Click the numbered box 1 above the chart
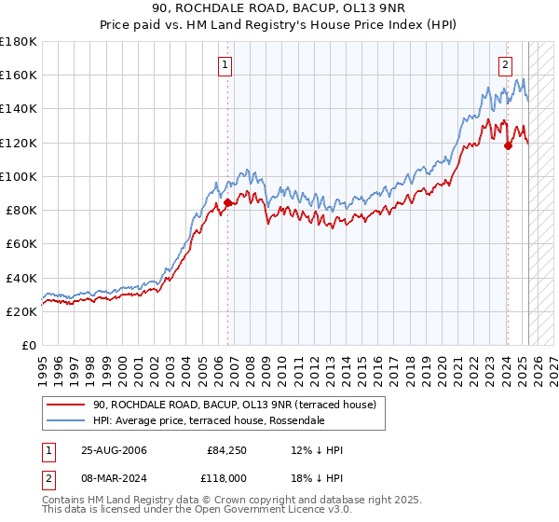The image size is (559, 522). (x=226, y=65)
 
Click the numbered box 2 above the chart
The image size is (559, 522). (x=505, y=65)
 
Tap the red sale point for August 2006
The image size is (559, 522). (x=227, y=202)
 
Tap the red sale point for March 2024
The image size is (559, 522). (x=508, y=145)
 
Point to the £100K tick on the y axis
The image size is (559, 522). (x=19, y=176)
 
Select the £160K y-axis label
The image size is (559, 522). (x=19, y=75)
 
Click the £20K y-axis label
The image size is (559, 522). (x=21, y=312)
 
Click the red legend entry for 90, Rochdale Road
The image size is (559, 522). (x=234, y=405)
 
